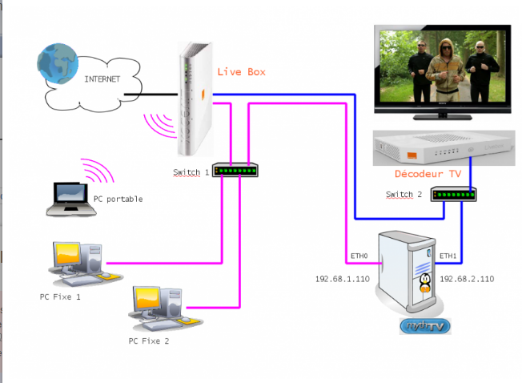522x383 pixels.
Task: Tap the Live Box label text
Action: click(x=241, y=72)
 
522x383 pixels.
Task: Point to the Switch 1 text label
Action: click(x=191, y=172)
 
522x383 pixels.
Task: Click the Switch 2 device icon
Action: click(x=454, y=194)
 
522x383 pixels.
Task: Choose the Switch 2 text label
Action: click(x=404, y=195)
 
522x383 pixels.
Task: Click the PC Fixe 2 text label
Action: click(x=149, y=341)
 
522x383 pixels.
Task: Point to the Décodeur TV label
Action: click(x=427, y=173)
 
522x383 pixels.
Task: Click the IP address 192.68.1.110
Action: click(x=341, y=280)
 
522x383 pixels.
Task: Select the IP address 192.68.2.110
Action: click(x=467, y=280)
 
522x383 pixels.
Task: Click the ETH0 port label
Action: click(x=358, y=256)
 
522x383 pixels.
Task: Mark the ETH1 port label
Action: click(x=448, y=256)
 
